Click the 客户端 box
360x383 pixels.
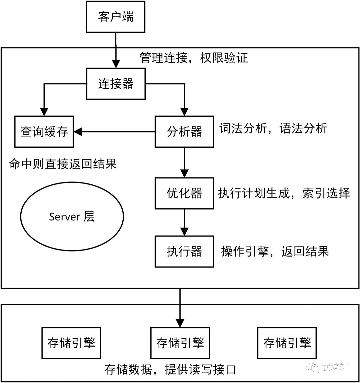click(x=115, y=17)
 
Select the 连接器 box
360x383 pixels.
click(x=116, y=84)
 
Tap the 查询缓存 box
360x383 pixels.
click(x=44, y=132)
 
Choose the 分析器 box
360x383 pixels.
click(x=185, y=132)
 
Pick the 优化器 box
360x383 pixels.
click(x=185, y=193)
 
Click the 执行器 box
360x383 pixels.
click(x=185, y=251)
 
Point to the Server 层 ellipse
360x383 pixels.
click(x=72, y=217)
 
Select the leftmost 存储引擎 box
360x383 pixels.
click(x=71, y=343)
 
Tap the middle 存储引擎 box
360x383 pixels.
click(x=180, y=343)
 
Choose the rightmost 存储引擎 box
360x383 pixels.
click(x=287, y=343)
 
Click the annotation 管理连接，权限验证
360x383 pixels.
click(x=194, y=58)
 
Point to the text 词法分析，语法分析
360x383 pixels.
click(x=273, y=128)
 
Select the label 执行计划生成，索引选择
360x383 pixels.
click(x=284, y=193)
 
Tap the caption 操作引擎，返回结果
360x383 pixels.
click(x=275, y=251)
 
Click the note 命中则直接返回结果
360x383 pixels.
click(x=63, y=164)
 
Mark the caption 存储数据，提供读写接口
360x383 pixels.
click(x=170, y=369)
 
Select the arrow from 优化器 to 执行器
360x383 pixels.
click(x=185, y=222)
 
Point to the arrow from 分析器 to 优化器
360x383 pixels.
click(x=185, y=162)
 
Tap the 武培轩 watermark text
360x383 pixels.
click(x=335, y=367)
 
